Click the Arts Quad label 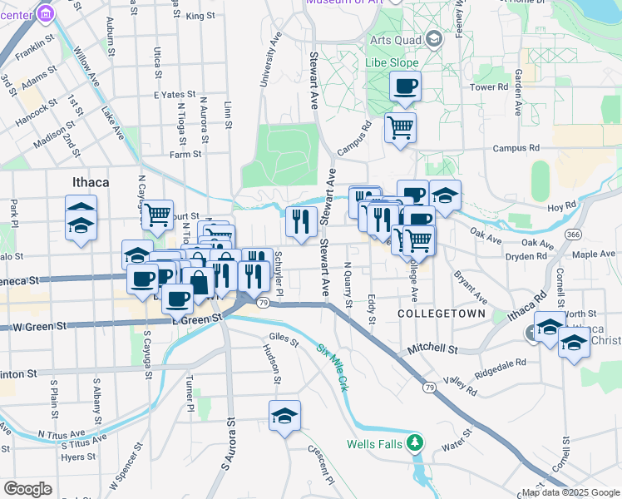[x=394, y=39]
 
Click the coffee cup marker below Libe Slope [x=405, y=86]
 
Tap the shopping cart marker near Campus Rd [x=400, y=127]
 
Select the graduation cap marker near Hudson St [x=284, y=415]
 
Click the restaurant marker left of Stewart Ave [x=301, y=220]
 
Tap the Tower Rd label [x=489, y=86]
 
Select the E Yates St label [x=174, y=95]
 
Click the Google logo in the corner [x=27, y=489]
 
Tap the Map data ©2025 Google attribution [x=570, y=492]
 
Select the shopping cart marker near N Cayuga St [x=157, y=215]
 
